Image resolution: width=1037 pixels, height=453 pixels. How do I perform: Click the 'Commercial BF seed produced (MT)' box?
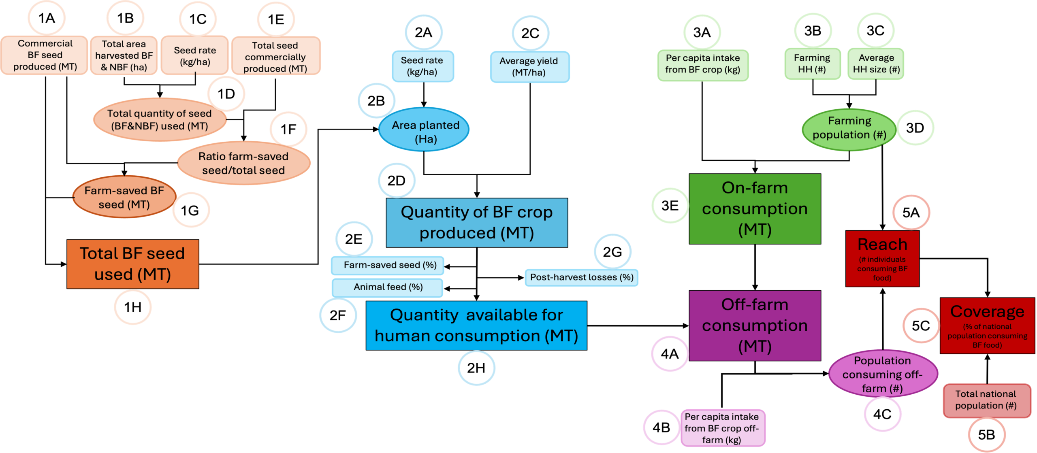pos(45,55)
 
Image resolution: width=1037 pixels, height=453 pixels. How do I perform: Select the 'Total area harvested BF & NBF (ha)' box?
pos(124,55)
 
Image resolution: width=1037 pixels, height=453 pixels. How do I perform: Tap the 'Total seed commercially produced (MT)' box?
pos(275,57)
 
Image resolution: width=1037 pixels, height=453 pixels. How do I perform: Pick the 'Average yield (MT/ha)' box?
pos(529,67)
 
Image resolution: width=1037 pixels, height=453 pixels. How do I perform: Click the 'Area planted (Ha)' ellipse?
pos(425,130)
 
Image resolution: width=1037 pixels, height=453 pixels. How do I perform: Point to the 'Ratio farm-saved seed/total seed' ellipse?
pos(243,164)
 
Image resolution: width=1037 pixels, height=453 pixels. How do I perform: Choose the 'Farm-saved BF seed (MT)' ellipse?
pos(124,198)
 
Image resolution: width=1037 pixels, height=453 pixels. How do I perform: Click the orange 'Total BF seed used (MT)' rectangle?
pos(133,264)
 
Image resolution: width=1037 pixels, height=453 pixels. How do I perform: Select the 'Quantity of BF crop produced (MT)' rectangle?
pos(477,223)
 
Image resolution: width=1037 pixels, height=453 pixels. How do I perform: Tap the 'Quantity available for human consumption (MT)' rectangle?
pos(476,325)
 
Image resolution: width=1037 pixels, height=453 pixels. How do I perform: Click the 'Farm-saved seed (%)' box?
pos(388,265)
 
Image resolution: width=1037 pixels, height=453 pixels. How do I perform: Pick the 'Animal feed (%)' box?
pos(388,287)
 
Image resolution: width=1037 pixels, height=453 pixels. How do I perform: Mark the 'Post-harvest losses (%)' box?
pos(581,277)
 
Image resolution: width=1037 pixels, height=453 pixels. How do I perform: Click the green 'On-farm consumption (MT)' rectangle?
pos(755,209)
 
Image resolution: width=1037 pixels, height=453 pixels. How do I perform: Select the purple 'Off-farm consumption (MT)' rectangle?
pos(755,325)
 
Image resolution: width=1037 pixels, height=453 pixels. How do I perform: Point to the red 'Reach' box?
pos(882,259)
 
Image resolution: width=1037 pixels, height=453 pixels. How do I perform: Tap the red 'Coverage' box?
pos(987,326)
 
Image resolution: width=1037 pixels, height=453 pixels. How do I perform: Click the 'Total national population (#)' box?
pos(986,400)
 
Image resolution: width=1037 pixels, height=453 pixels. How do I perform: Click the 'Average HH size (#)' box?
pos(876,64)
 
